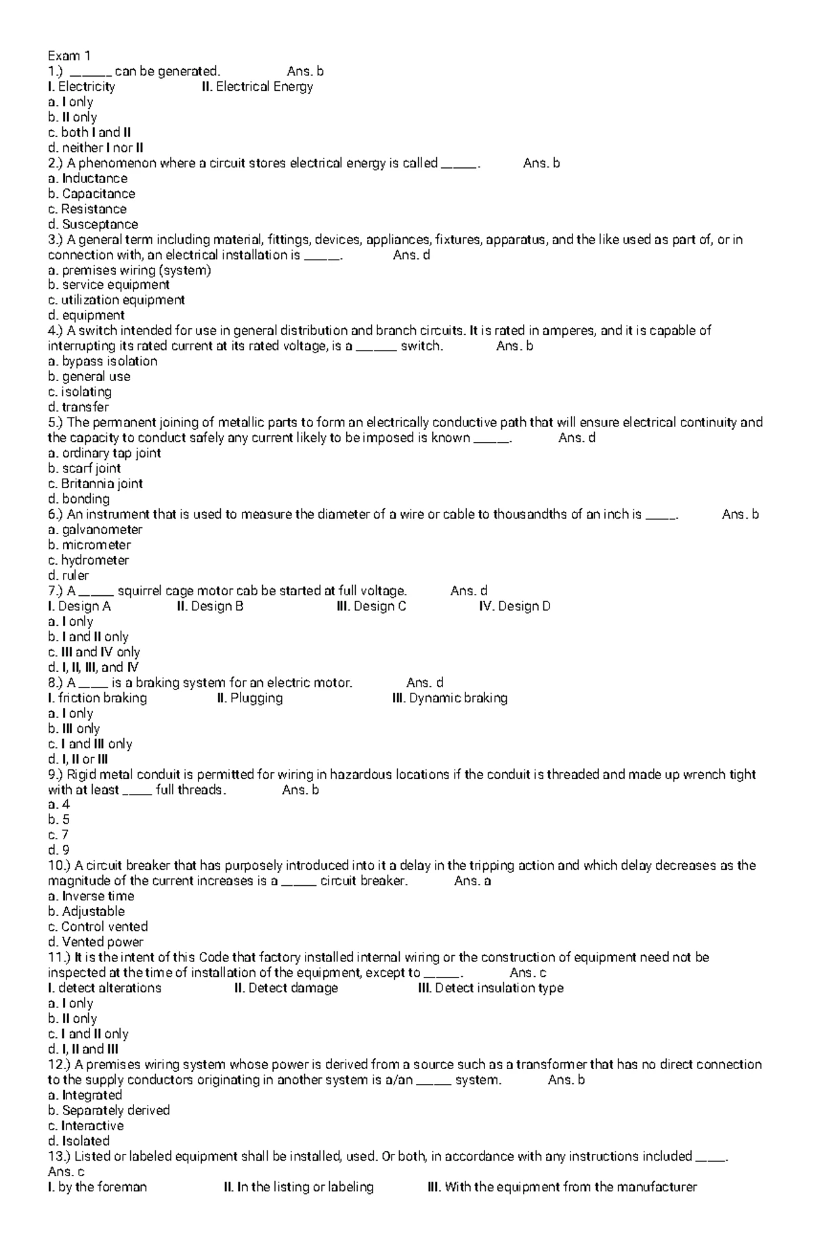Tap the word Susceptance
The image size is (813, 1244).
[x=100, y=224]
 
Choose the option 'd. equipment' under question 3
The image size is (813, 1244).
[x=86, y=315]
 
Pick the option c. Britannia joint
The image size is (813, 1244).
[x=95, y=483]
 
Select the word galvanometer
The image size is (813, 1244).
[x=102, y=529]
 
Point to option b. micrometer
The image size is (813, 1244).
[x=89, y=545]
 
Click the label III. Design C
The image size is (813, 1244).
[x=371, y=606]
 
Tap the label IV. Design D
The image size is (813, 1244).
[x=514, y=606]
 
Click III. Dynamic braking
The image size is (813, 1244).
[x=449, y=698]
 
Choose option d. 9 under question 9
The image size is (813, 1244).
[x=59, y=850]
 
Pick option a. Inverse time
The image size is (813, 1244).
[x=91, y=896]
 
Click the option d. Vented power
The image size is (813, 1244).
[x=96, y=942]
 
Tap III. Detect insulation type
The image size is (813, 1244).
[x=491, y=988]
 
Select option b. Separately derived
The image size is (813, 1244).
[x=108, y=1110]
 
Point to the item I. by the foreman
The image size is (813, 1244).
[x=97, y=1187]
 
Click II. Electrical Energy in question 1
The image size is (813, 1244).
[x=257, y=87]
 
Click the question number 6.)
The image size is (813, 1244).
[x=56, y=515]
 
